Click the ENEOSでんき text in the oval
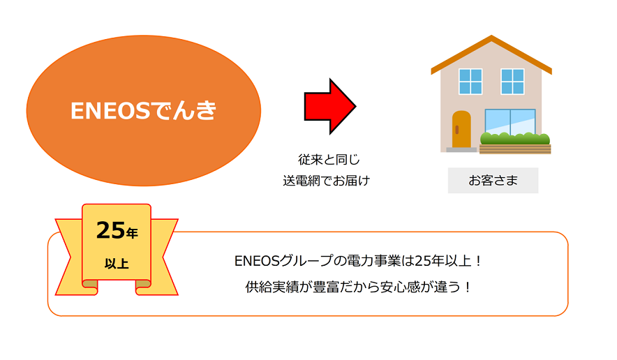point(143,110)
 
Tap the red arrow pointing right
point(329,106)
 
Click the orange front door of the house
point(461,129)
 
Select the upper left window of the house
point(470,82)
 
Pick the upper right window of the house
point(512,82)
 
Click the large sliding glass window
point(510,122)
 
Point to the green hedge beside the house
point(514,139)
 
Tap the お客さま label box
point(493,180)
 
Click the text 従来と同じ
point(329,159)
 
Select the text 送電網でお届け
point(326,181)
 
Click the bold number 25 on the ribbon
point(110,230)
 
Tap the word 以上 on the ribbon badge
point(117,263)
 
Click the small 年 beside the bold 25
point(132,233)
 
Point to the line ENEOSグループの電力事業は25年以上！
point(357,261)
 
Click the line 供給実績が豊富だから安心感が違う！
point(357,287)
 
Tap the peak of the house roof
point(491,36)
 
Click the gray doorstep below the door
point(461,149)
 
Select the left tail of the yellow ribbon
point(70,257)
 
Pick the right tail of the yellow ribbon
point(164,257)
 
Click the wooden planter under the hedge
point(514,149)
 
